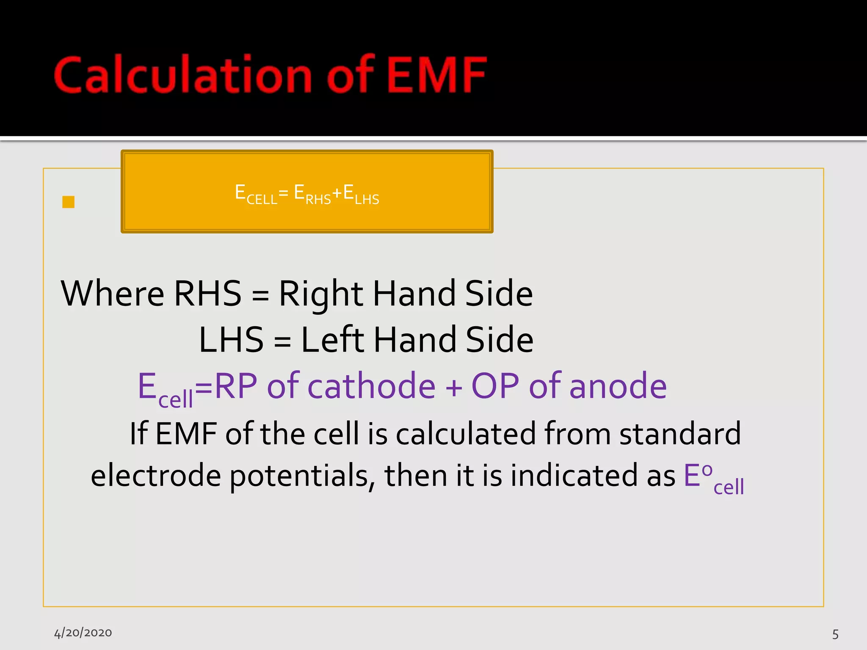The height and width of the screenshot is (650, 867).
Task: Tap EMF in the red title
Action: (x=436, y=75)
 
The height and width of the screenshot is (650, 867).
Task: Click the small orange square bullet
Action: (x=68, y=202)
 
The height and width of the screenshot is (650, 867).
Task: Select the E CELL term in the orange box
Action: (x=256, y=194)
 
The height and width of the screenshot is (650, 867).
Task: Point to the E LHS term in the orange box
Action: (x=361, y=194)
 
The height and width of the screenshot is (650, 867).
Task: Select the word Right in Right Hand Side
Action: (x=320, y=294)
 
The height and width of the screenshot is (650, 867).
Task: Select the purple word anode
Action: (x=618, y=386)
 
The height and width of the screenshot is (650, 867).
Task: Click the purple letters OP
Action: (x=495, y=386)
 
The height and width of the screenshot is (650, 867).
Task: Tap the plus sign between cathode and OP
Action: (x=454, y=388)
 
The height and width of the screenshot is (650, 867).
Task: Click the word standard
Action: (x=680, y=433)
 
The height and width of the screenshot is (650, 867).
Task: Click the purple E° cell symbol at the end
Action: (x=713, y=478)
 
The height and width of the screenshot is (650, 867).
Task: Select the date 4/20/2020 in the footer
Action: (x=83, y=633)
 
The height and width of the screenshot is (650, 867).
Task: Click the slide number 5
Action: (x=835, y=634)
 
